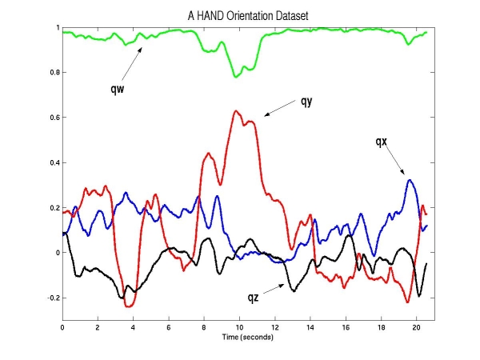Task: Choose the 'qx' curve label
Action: [381, 142]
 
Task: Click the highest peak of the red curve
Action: [237, 110]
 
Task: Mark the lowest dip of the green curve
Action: [235, 77]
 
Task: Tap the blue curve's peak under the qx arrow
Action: [410, 180]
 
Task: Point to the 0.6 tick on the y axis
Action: [54, 118]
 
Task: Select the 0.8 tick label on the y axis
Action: [54, 73]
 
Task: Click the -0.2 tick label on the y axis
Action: [52, 298]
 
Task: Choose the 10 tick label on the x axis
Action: [239, 326]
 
